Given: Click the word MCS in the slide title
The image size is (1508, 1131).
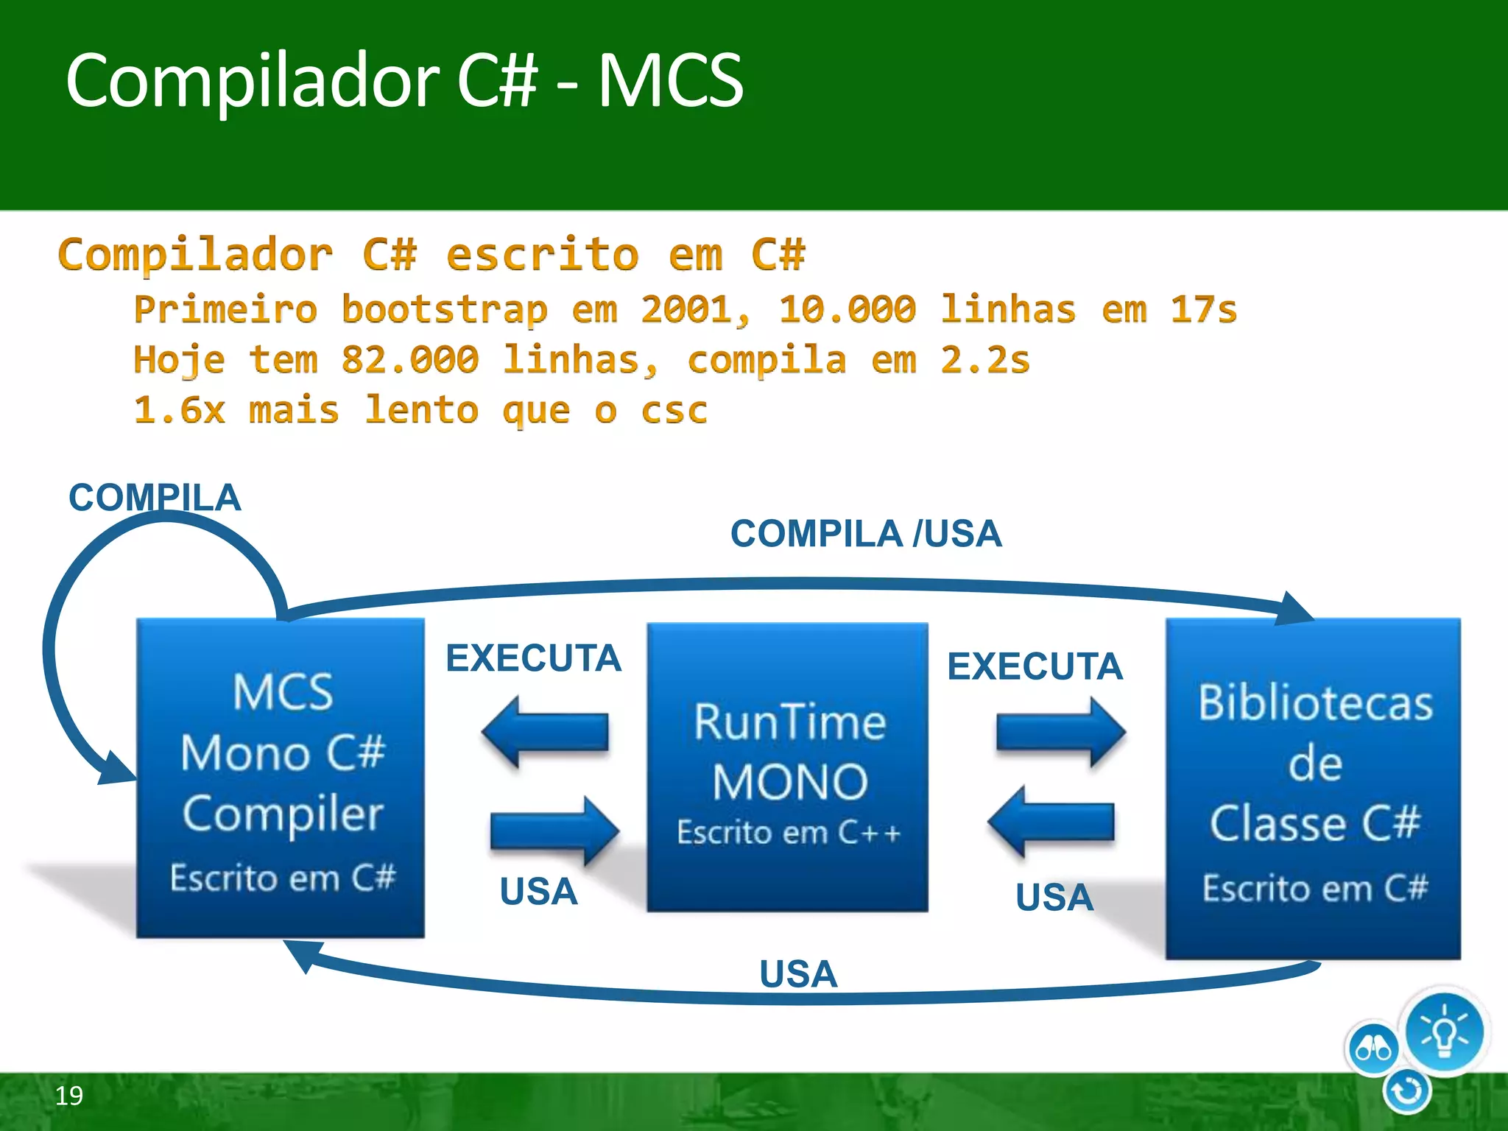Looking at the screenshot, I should coord(669,80).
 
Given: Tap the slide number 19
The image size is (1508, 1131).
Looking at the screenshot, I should coord(69,1096).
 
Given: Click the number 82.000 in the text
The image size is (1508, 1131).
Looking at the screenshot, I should coord(410,360).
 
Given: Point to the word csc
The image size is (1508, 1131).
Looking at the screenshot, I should coord(674,410).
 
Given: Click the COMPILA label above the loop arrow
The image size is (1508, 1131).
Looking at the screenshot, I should coord(155,498).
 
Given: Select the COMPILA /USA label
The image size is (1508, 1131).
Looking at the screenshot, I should coord(865,534).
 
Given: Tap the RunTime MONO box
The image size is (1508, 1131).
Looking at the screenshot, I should coord(787,766).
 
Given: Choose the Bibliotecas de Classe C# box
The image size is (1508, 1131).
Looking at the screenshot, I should coord(1314,788).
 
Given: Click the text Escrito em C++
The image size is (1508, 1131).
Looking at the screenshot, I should coord(789,833).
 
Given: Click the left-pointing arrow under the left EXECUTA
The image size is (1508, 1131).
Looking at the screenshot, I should coord(546,733).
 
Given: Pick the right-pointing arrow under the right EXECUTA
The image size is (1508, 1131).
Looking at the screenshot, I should coord(1060,733).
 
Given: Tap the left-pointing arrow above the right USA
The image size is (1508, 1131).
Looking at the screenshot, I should coord(1051,822).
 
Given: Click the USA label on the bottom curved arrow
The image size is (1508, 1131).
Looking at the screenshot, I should coord(798,974).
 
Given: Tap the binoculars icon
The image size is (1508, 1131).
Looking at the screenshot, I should coord(1373,1049).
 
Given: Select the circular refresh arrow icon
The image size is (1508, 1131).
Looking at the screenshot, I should coord(1407,1091).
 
